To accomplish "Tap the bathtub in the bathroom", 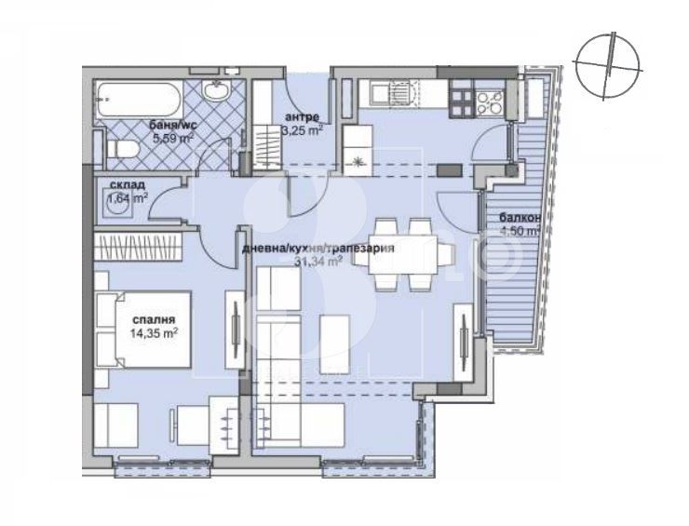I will tap(136, 97).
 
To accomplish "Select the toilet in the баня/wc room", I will tap(117, 150).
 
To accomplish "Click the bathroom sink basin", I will tap(216, 91).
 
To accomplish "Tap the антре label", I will tap(303, 116).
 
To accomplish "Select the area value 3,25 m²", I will tap(303, 130).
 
